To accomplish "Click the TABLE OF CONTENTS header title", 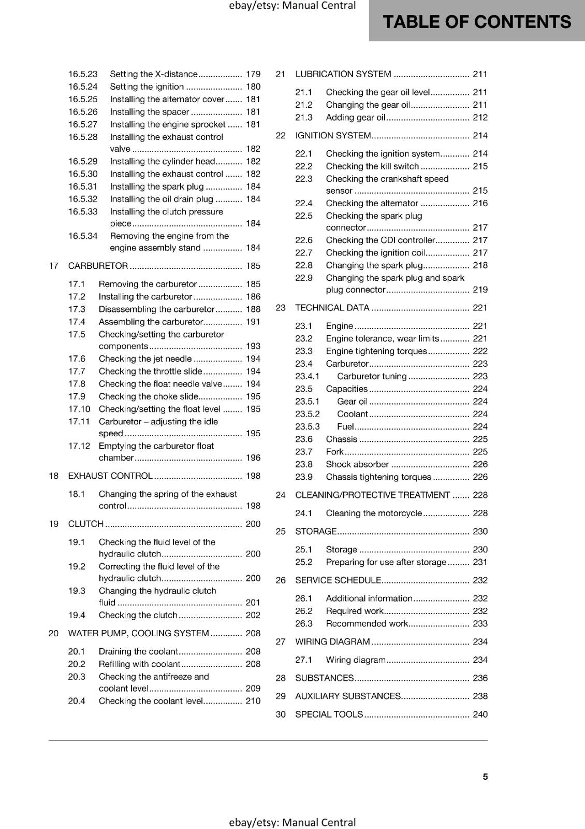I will (476, 22).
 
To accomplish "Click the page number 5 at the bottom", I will (485, 776).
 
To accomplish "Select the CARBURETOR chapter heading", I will (98, 266).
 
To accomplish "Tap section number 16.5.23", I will (83, 74).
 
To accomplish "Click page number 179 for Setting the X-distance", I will (253, 74).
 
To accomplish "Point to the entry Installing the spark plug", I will (157, 187).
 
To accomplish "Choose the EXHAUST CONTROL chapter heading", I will (110, 476).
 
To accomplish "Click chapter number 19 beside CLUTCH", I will (53, 524).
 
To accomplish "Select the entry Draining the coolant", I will (138, 651).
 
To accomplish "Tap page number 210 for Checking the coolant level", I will (253, 701).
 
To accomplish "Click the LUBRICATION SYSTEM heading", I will (343, 74).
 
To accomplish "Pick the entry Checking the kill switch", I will (372, 166).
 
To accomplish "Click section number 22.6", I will (304, 240).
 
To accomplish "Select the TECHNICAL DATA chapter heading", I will (332, 308).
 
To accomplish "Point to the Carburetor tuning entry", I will (372, 376).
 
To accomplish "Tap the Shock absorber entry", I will (357, 464).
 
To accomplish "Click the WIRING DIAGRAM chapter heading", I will (332, 641).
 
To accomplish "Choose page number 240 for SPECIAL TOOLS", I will (480, 714).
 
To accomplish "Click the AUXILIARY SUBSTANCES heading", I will (347, 696).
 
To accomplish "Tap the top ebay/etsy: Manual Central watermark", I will (292, 6).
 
